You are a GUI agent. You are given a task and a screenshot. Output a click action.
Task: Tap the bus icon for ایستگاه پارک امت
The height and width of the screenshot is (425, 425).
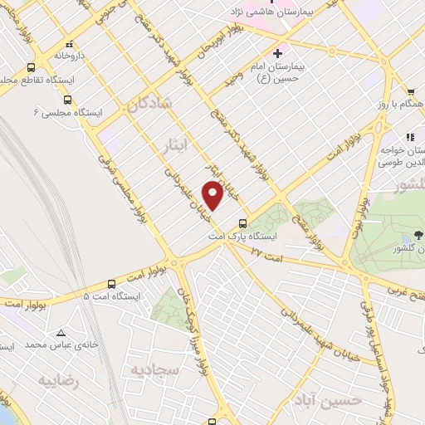click(x=242, y=222)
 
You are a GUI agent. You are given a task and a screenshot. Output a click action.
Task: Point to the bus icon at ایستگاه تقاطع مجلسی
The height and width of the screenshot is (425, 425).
click(x=32, y=68)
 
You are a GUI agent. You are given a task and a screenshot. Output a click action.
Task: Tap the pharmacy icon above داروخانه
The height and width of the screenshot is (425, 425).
click(x=70, y=44)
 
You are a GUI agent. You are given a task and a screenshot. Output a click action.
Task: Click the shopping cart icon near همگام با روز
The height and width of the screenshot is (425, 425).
click(x=410, y=92)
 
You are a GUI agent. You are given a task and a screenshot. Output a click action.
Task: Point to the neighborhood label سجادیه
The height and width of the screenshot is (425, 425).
click(x=152, y=369)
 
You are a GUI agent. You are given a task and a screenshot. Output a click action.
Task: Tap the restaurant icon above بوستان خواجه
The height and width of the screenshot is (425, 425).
click(x=408, y=137)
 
